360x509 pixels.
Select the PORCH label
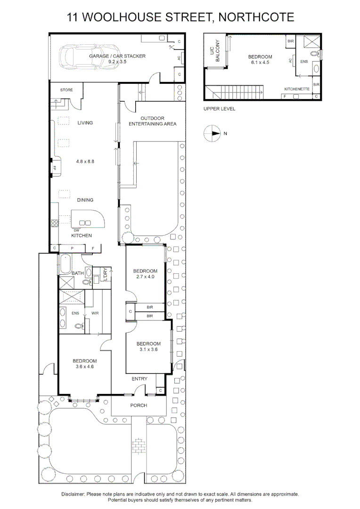point(139,405)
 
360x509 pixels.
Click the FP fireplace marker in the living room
point(54,167)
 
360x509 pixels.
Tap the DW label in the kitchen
point(76,230)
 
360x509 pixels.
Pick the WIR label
point(95,312)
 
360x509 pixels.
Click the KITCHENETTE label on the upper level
point(296,89)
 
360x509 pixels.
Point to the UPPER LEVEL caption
point(219,109)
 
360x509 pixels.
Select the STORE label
point(66,90)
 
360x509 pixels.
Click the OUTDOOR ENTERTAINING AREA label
point(152,121)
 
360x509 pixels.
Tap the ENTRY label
point(139,379)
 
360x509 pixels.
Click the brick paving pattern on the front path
point(139,445)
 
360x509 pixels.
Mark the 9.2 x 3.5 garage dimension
point(117,62)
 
